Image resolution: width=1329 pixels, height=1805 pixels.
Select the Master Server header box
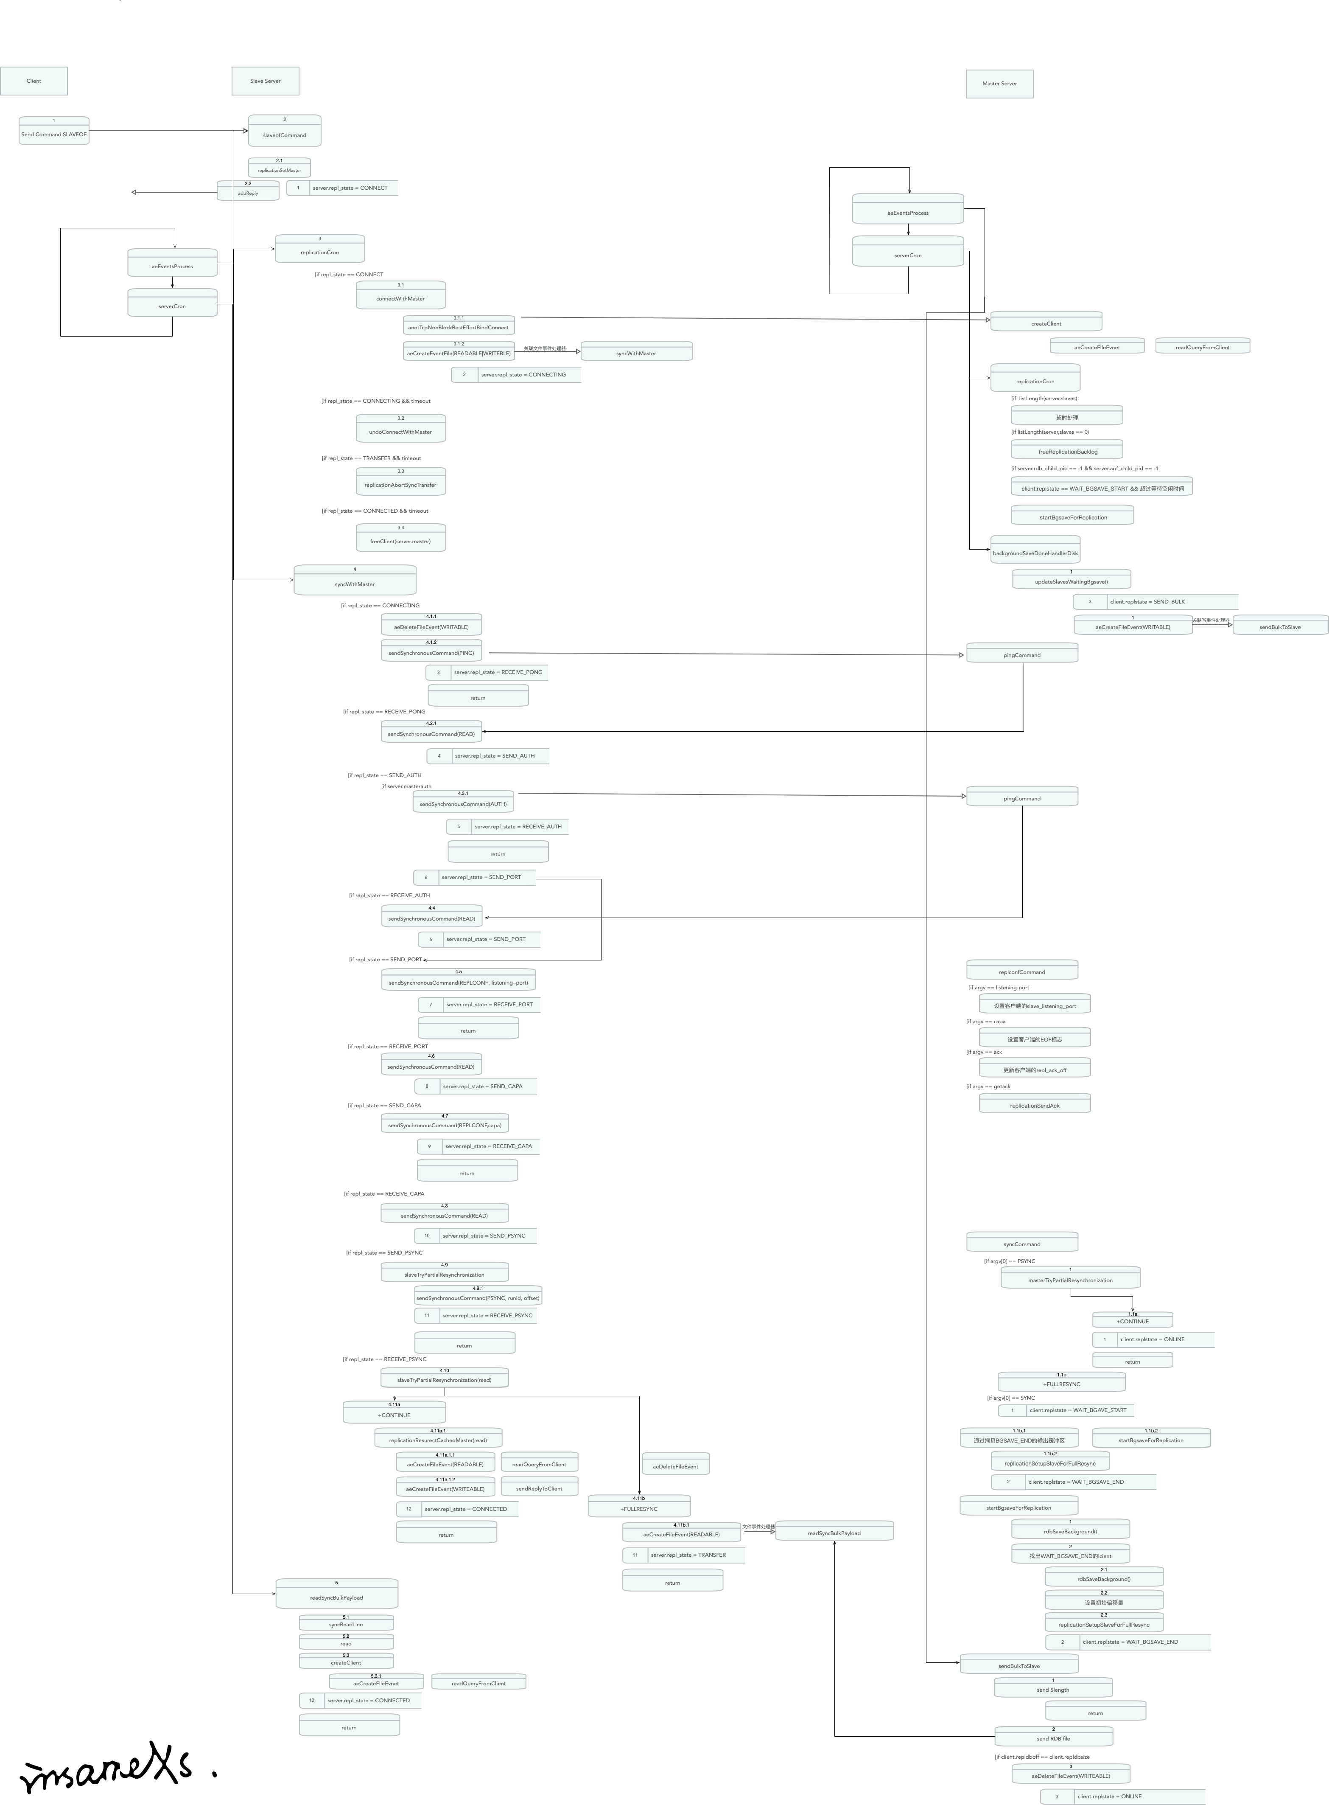pos(999,84)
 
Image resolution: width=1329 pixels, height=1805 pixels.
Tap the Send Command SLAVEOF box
pos(54,131)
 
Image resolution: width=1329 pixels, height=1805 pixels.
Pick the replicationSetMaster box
pos(279,167)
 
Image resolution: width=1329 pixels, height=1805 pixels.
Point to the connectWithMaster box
pos(400,295)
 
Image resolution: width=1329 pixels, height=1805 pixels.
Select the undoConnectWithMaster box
pos(400,429)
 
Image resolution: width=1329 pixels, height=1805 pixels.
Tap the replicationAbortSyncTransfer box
pos(400,482)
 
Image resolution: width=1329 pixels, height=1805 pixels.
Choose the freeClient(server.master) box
pos(400,539)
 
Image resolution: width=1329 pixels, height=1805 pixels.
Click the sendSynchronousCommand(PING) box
pos(431,650)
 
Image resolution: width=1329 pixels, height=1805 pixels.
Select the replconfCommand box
pos(1022,970)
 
